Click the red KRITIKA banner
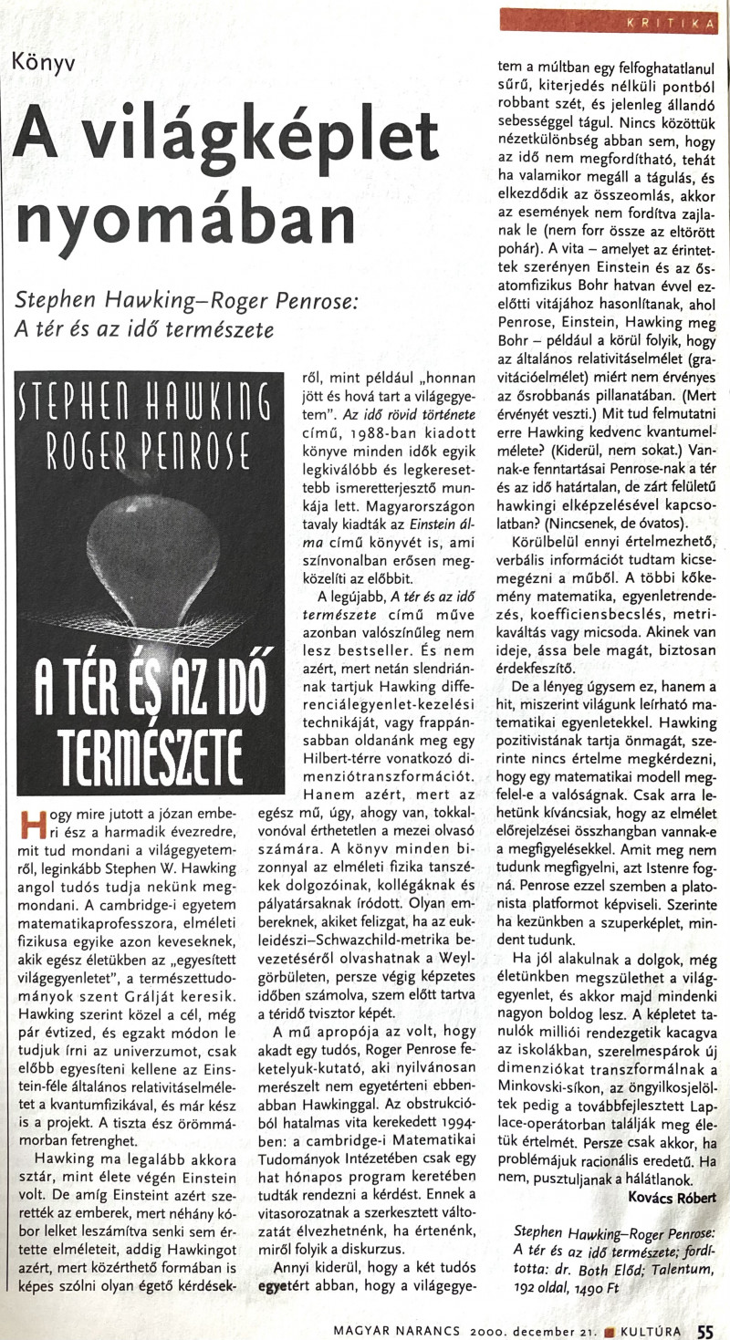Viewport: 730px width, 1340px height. coord(609,21)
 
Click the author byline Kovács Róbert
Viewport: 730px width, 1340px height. coord(673,1196)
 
